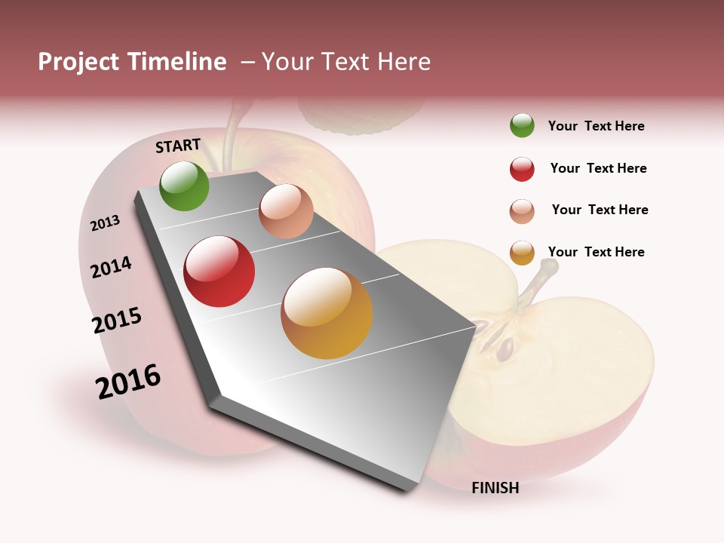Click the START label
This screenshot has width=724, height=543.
click(178, 146)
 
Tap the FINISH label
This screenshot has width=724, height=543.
click(495, 488)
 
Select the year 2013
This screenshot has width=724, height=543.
click(106, 223)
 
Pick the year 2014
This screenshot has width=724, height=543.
click(112, 267)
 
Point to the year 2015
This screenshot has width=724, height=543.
click(117, 321)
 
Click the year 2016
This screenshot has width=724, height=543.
click(129, 382)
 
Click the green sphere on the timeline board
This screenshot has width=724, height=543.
click(185, 186)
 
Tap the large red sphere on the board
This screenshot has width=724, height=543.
click(219, 271)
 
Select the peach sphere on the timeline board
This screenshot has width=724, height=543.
click(286, 211)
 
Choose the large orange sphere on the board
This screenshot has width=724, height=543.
click(327, 313)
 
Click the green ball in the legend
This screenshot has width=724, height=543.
click(522, 125)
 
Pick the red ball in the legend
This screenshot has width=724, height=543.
click(522, 169)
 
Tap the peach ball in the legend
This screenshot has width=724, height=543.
click(522, 211)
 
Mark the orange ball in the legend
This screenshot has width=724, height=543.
click(522, 253)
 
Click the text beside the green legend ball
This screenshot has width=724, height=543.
click(596, 126)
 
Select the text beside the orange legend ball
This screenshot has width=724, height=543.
click(596, 252)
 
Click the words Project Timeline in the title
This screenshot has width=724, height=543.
click(132, 62)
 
